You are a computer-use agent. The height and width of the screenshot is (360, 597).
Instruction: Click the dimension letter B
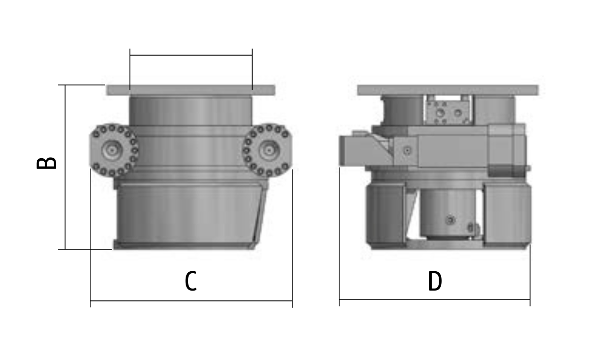point(46,163)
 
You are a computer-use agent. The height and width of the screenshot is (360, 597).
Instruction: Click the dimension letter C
point(191,282)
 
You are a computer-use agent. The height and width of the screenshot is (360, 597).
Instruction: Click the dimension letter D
point(435,282)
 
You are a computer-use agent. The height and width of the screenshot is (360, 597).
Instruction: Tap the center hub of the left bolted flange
point(112,150)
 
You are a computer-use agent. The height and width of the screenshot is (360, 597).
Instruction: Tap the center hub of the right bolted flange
point(269,150)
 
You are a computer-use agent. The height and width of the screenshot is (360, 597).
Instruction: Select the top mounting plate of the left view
point(191,90)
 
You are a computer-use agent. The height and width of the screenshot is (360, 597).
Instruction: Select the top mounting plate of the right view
point(448,90)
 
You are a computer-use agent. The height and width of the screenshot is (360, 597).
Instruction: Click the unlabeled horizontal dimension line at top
point(191,56)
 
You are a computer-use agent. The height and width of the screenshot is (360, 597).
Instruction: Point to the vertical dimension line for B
point(66,167)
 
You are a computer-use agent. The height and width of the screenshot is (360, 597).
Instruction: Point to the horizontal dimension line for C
point(191,301)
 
